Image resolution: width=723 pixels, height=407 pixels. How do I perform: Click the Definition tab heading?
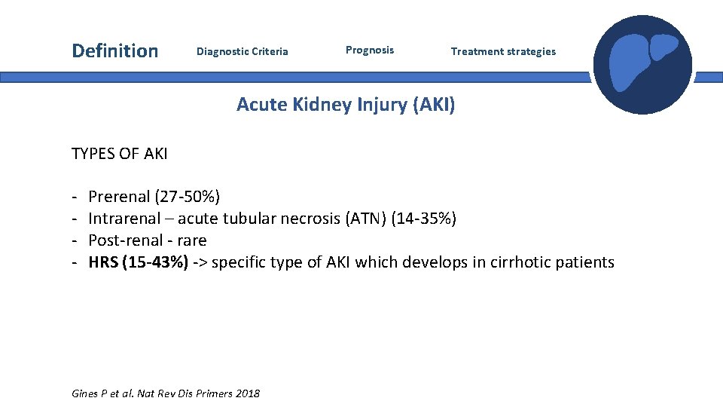[115, 51]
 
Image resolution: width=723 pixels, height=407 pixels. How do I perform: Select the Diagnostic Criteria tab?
[242, 52]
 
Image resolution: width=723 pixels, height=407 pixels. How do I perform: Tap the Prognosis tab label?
[369, 50]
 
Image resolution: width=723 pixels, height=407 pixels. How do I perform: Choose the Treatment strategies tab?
[503, 52]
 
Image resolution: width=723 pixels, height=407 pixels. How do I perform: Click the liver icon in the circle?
[642, 65]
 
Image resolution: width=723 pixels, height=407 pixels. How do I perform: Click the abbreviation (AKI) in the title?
[434, 105]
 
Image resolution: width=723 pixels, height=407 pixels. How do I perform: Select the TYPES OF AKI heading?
[120, 155]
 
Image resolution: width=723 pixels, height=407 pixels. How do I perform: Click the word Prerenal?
[119, 197]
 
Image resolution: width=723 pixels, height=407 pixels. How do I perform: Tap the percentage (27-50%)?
[188, 197]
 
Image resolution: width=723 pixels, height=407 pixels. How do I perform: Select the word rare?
[191, 241]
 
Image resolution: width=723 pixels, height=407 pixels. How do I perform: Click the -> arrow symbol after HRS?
[201, 263]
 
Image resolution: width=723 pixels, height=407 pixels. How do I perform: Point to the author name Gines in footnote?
[85, 393]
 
